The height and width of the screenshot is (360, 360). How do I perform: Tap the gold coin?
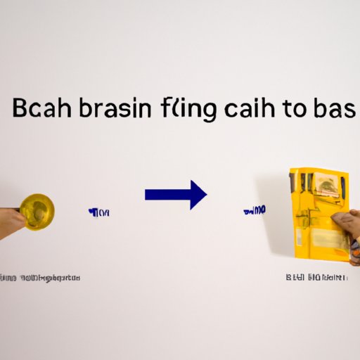(37, 210)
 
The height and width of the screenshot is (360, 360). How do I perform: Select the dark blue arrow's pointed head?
(197, 195)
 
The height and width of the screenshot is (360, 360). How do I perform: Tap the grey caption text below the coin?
(40, 278)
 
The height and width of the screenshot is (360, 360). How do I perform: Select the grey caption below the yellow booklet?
(316, 278)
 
